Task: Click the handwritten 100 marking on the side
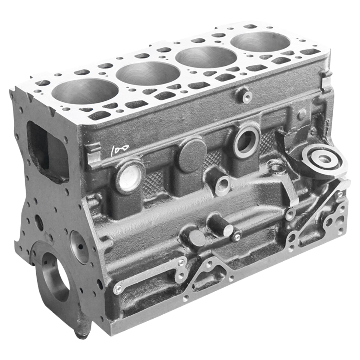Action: (x=120, y=148)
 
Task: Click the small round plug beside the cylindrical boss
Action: (x=197, y=238)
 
